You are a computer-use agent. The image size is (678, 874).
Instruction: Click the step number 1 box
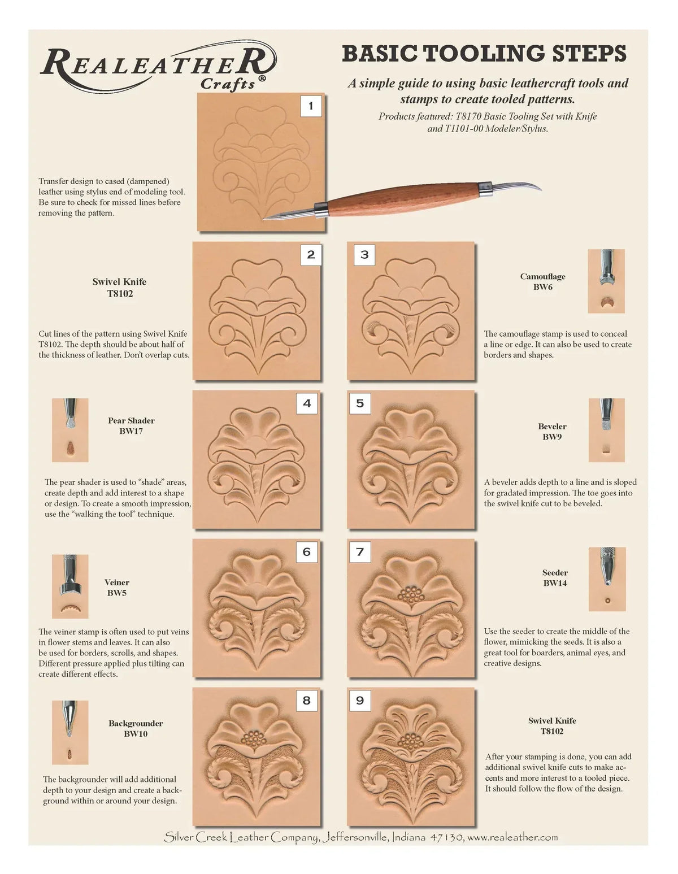(311, 106)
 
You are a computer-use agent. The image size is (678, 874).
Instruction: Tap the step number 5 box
(360, 403)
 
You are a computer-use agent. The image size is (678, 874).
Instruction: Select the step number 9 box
(360, 701)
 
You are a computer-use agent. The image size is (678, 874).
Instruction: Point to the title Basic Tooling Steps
(484, 54)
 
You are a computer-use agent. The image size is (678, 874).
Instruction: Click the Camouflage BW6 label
(542, 281)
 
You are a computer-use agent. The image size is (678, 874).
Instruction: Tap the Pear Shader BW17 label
(131, 425)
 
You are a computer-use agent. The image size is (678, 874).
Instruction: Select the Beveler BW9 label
(552, 432)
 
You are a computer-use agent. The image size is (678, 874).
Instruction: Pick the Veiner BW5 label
(116, 587)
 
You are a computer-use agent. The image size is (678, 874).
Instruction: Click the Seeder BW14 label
(555, 577)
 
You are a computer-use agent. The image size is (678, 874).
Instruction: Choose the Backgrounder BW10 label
(136, 728)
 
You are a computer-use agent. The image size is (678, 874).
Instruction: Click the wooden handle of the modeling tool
(403, 199)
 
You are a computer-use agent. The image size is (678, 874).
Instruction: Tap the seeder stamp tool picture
(607, 579)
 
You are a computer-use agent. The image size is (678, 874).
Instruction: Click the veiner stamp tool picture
(70, 586)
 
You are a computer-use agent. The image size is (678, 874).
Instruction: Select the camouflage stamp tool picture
(606, 281)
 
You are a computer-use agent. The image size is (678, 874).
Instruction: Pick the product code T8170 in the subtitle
(468, 116)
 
